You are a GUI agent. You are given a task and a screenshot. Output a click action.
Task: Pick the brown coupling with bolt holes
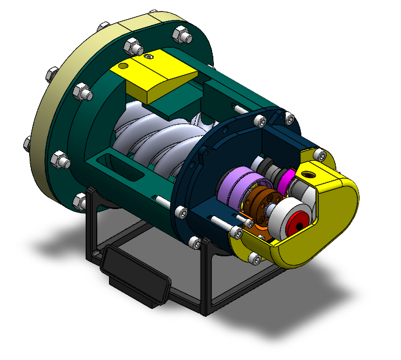(260, 204)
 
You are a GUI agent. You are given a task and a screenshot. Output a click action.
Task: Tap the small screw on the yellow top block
(151, 57)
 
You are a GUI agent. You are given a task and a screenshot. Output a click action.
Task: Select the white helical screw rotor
(157, 140)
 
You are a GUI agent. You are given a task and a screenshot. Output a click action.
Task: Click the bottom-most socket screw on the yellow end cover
(252, 257)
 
